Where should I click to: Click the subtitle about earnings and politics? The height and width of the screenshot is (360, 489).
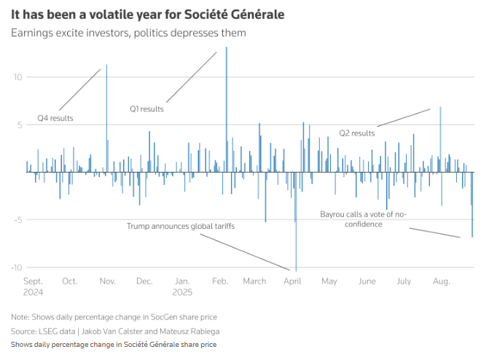[138, 33]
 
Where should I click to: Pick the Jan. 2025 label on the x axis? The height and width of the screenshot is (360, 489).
[184, 286]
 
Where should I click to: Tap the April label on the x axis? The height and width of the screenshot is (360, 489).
[292, 281]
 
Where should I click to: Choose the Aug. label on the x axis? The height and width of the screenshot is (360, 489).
[441, 281]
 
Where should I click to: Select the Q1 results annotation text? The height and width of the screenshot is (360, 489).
[146, 109]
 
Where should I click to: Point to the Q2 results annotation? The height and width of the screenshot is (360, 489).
[357, 133]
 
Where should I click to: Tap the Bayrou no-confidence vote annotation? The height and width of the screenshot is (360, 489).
[364, 219]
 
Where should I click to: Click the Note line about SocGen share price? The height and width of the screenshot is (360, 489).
[114, 317]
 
